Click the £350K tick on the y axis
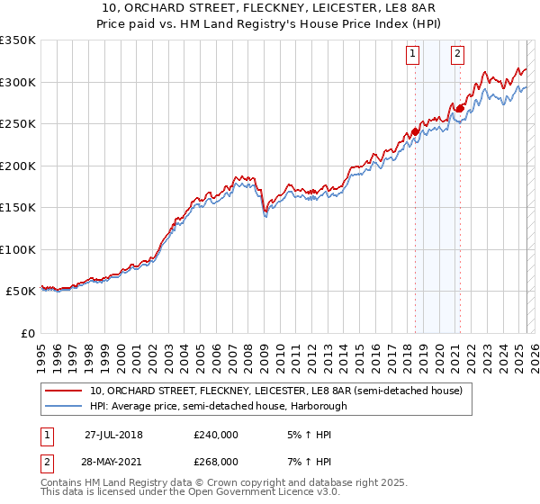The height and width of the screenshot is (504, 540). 18,40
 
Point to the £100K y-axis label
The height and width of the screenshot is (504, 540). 18,249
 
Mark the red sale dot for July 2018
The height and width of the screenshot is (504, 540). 415,131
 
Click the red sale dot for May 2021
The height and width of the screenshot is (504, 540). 460,109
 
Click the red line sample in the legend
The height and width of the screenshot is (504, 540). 63,391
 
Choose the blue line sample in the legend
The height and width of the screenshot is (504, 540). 63,406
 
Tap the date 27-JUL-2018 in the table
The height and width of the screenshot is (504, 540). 113,434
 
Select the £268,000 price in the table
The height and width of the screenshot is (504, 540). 216,461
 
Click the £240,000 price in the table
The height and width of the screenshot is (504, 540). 216,434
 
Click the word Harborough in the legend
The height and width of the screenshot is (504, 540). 318,406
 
